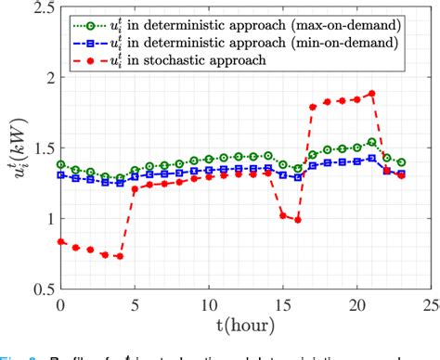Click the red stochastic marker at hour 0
coord(60,241)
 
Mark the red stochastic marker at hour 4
coord(119,256)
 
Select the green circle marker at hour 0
coord(60,164)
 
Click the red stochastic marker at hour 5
coord(135,189)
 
